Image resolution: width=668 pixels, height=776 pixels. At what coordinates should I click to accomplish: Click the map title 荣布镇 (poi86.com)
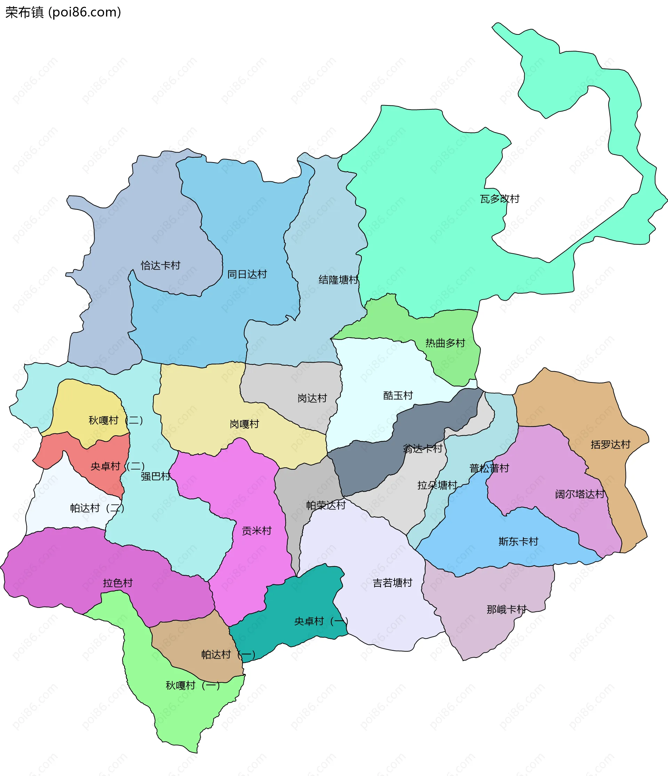pos(63,13)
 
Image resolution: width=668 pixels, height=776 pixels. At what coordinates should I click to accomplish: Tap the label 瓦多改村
pos(500,199)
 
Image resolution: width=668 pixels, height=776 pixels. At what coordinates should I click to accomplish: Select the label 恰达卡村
pos(160,266)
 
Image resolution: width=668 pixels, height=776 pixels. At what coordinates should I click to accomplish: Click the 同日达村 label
pos(247,275)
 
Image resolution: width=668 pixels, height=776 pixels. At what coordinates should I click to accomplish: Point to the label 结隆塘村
pos(338,280)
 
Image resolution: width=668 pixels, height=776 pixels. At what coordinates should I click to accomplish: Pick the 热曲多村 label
pos(445,343)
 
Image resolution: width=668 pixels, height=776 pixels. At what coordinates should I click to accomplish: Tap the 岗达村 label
pos(312,398)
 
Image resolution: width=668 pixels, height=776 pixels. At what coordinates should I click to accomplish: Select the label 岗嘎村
pos(244,424)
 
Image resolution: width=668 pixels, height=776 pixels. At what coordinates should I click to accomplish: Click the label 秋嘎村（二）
pos(115,420)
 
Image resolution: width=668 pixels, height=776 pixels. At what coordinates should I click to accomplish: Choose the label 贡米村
pos(256,531)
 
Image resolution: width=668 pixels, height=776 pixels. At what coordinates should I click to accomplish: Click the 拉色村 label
pos(118,583)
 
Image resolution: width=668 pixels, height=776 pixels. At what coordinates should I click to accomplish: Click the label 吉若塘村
pos(392,583)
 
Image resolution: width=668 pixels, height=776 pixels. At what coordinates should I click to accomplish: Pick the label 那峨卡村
pos(506,609)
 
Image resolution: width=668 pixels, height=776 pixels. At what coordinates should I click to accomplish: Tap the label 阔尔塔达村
pos(580,494)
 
